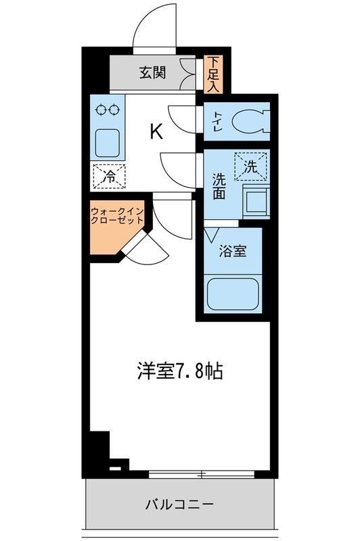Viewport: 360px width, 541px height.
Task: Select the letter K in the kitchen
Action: pos(156,131)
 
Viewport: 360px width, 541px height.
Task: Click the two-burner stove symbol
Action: pos(108,109)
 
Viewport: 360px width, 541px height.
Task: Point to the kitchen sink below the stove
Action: pos(107,141)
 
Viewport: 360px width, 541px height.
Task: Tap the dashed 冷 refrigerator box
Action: pos(108,175)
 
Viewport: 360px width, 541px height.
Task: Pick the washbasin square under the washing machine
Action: pos(256,200)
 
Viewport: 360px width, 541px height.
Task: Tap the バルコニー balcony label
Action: pos(179,504)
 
